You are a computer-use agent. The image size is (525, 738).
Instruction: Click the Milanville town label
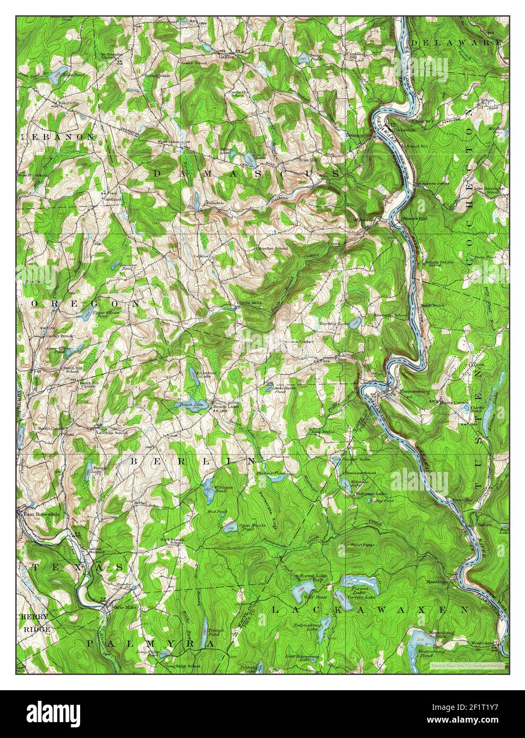point(363,219)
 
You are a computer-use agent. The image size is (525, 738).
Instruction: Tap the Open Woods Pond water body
point(229,527)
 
